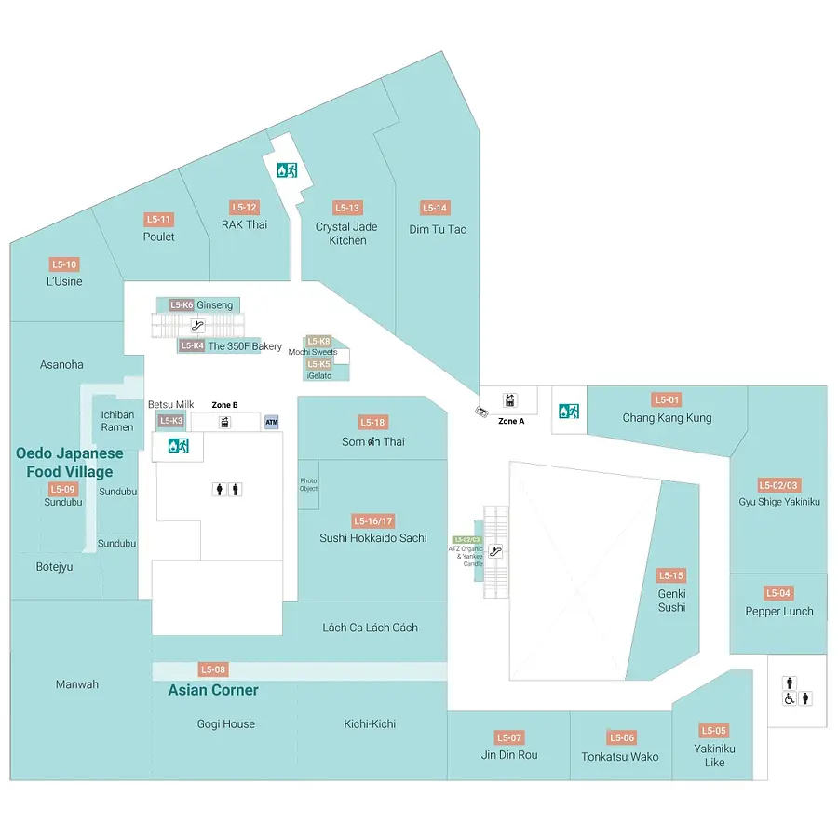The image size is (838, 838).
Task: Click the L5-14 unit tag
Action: (435, 208)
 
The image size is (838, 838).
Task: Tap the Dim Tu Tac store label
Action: (438, 229)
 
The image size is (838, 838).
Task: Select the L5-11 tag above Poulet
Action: (159, 220)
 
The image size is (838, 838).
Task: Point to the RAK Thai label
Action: (244, 224)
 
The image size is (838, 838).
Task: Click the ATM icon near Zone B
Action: (271, 422)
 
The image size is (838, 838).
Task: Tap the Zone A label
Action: (511, 421)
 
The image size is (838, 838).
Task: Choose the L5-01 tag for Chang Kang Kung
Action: (667, 399)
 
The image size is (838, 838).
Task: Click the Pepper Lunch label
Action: (779, 611)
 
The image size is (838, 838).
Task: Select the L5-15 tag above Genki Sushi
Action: (671, 575)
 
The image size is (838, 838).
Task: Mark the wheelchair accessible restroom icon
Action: (790, 698)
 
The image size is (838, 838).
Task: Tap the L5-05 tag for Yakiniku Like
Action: (714, 731)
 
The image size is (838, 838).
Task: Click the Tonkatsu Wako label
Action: (619, 757)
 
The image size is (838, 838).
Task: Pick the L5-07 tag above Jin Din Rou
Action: (509, 737)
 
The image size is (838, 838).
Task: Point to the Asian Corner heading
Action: (213, 690)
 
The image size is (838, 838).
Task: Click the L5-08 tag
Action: (213, 669)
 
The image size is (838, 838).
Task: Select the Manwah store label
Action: (77, 684)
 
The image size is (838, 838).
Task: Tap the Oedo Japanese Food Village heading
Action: (70, 462)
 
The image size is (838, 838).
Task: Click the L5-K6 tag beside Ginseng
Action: (181, 304)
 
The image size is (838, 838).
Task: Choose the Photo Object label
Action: (308, 485)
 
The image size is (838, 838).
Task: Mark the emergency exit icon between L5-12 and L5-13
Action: (286, 170)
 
